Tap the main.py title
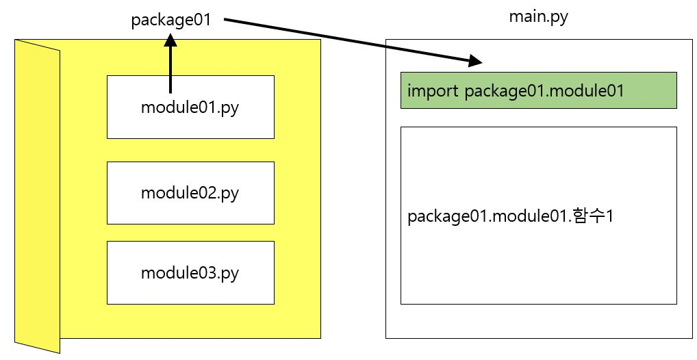[x=538, y=17]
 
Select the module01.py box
[x=190, y=107]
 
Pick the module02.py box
[x=190, y=193]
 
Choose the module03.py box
[x=190, y=272]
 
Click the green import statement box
[x=538, y=90]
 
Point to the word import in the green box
[x=433, y=90]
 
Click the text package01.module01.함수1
[x=510, y=217]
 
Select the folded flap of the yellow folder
[x=38, y=196]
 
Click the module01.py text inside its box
[x=190, y=108]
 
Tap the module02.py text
[x=190, y=193]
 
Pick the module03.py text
[x=190, y=273]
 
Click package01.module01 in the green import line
[x=544, y=91]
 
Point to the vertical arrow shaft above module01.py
[x=170, y=70]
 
